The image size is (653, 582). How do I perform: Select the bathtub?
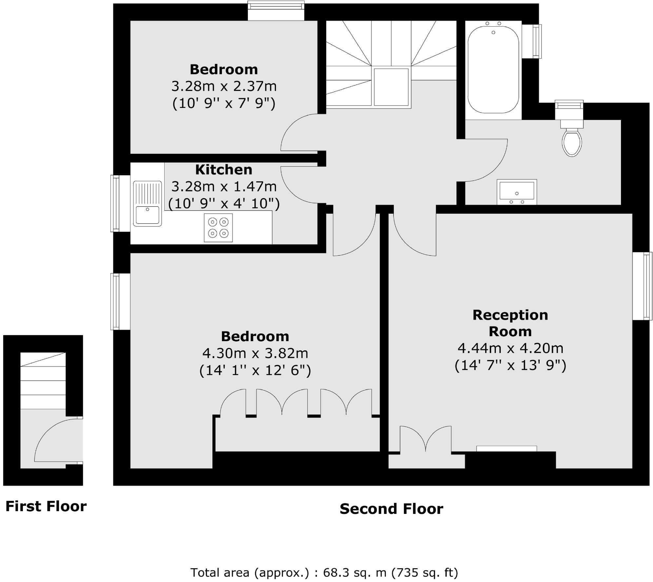click(493, 70)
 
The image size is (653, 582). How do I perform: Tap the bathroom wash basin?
click(517, 192)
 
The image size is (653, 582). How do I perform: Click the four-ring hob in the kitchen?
click(218, 228)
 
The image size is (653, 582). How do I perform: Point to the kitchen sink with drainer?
click(148, 204)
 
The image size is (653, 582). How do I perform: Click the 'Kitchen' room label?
click(224, 170)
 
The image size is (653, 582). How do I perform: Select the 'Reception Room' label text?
click(510, 323)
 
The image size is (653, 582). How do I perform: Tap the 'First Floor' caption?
click(46, 506)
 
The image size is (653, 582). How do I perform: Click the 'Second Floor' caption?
click(391, 509)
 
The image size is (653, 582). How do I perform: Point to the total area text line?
click(324, 572)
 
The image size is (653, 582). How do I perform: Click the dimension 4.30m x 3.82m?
click(255, 354)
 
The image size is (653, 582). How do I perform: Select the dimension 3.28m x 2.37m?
click(224, 87)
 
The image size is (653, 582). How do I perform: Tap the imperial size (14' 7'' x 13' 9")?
click(510, 365)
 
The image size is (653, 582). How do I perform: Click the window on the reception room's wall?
click(643, 286)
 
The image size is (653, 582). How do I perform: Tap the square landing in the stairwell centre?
click(391, 87)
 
